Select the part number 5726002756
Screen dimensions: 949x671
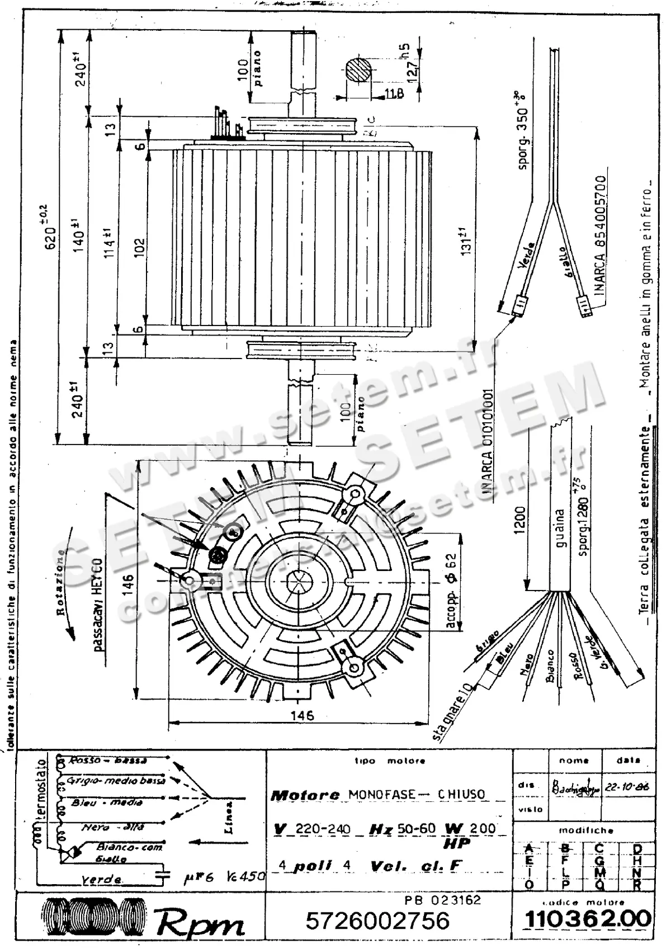click(377, 920)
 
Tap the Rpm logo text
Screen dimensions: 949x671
click(200, 923)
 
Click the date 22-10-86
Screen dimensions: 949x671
click(627, 786)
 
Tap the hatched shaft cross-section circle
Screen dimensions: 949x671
click(358, 72)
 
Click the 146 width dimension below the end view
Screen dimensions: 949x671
click(302, 715)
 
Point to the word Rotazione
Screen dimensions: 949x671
click(63, 582)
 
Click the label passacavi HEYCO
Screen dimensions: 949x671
click(97, 604)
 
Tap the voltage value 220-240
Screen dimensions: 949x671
click(323, 829)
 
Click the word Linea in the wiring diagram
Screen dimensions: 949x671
click(229, 816)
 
